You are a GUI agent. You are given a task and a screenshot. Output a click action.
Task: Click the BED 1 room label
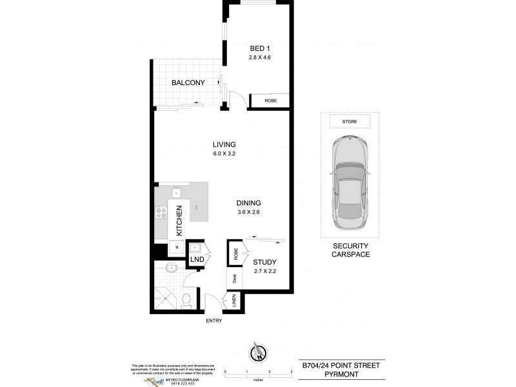261,48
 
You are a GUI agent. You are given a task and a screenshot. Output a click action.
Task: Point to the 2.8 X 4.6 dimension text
261,58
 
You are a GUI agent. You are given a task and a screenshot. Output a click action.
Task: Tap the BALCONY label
188,83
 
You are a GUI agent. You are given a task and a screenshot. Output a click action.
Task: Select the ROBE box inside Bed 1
270,101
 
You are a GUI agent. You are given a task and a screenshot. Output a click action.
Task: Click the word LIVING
225,144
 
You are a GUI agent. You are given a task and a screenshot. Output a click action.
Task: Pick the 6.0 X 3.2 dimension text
225,154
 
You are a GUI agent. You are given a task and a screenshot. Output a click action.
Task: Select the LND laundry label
197,260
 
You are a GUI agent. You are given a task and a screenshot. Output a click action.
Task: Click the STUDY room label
264,262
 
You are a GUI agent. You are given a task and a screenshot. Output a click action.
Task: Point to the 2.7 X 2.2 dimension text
264,272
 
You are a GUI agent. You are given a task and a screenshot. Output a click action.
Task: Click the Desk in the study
235,278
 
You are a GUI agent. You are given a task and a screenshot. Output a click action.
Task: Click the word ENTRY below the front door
214,321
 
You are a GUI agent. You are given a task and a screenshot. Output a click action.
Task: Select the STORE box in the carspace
350,121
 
